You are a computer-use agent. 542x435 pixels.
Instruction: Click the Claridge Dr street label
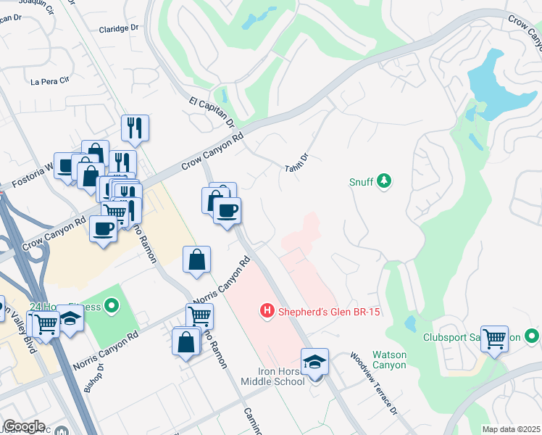tap(118, 28)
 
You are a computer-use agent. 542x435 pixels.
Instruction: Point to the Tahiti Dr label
tap(298, 162)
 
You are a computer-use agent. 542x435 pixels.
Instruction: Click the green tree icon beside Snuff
tap(385, 181)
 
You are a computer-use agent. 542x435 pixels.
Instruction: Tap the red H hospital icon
tap(267, 312)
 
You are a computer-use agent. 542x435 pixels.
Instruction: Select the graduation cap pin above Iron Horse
tap(315, 362)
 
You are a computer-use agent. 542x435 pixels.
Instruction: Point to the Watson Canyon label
tap(389, 360)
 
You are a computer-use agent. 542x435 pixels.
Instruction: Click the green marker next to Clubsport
tap(533, 336)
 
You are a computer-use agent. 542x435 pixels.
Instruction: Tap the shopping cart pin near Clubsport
tap(494, 339)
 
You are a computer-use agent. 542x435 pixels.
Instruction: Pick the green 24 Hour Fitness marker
tap(111, 307)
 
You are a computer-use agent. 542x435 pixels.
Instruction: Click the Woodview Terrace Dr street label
tap(373, 384)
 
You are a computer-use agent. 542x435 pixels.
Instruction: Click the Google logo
tap(23, 426)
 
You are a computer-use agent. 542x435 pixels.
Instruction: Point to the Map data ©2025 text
tap(511, 429)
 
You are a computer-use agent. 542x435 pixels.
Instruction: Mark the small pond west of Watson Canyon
tap(410, 323)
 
